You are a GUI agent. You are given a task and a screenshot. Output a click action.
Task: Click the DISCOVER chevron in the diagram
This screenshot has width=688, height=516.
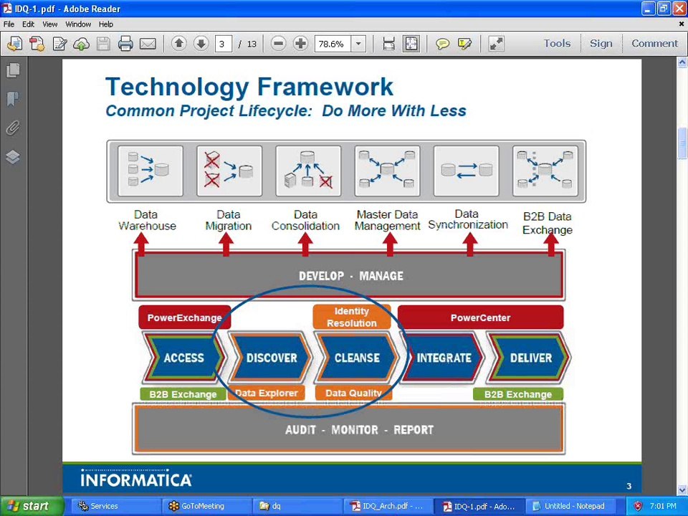point(271,358)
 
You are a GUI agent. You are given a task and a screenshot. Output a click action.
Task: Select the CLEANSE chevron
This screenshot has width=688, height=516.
point(356,358)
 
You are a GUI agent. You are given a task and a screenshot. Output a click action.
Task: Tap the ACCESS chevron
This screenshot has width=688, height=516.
point(183,358)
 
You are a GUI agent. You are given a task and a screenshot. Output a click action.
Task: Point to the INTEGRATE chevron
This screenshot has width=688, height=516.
point(444,358)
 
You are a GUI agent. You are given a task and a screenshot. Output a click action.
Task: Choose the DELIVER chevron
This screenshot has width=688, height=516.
point(530,358)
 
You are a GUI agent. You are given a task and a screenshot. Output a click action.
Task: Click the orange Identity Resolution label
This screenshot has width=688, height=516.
point(351,317)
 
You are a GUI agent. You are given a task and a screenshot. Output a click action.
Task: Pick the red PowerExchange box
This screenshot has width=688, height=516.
point(184,317)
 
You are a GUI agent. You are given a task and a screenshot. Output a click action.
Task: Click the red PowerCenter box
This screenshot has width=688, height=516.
point(480,317)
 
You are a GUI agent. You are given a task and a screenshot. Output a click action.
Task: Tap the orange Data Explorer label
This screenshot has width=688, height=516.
point(266,393)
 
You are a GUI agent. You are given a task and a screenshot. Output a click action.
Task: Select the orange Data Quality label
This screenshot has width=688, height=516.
point(353,393)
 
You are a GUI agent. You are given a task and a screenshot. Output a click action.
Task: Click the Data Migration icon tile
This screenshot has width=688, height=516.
point(229,171)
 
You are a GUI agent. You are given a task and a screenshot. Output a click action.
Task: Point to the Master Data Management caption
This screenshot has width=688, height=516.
point(388,220)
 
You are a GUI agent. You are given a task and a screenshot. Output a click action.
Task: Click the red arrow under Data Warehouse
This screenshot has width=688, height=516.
point(141,244)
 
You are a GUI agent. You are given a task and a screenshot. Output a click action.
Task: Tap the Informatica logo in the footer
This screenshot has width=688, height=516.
point(136,479)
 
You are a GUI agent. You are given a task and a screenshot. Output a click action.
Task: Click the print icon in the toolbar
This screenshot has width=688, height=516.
point(125,44)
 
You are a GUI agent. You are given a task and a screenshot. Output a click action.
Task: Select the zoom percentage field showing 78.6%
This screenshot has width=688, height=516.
point(331,44)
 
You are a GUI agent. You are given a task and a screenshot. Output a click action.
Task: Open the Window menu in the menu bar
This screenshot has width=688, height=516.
point(78,24)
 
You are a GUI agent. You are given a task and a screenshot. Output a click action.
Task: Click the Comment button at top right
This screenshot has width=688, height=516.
point(654,44)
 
